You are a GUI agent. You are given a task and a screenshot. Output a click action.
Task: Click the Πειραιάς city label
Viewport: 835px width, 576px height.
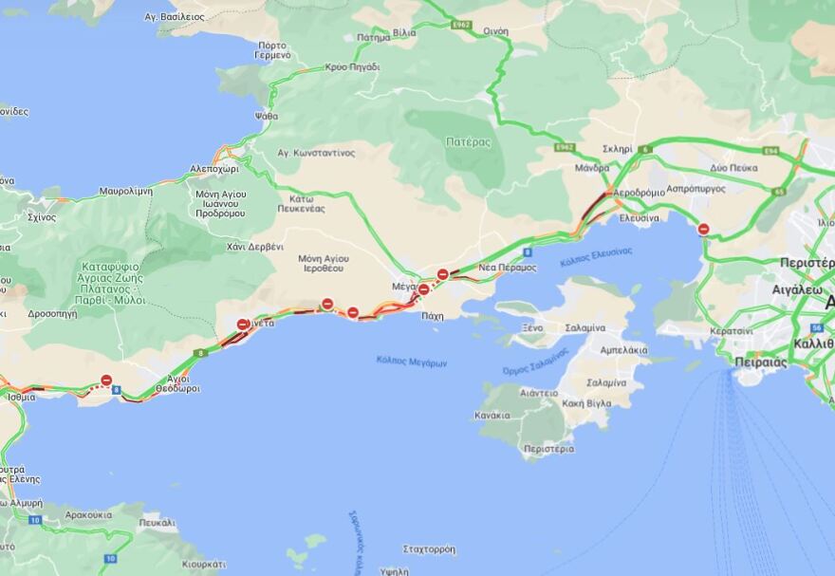pyautogui.click(x=761, y=362)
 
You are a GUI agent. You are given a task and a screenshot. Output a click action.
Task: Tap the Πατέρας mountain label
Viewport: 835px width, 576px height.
pyautogui.click(x=468, y=142)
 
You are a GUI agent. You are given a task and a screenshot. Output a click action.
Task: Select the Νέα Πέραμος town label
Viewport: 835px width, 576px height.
pyautogui.click(x=508, y=268)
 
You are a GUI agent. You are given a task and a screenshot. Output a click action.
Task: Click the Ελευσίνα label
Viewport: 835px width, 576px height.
pyautogui.click(x=640, y=217)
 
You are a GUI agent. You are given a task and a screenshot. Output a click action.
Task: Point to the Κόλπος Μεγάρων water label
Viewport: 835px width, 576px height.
pyautogui.click(x=411, y=361)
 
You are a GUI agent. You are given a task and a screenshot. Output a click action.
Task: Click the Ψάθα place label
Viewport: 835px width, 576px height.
pyautogui.click(x=267, y=116)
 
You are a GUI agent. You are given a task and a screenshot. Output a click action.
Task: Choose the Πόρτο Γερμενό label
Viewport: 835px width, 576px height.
pyautogui.click(x=271, y=49)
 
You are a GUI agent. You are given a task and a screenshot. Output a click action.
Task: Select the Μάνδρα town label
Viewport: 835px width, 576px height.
pyautogui.click(x=591, y=168)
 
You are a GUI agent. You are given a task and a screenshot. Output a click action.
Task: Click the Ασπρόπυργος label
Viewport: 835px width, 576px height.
pyautogui.click(x=696, y=189)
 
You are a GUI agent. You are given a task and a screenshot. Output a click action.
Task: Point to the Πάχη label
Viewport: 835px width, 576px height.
pyautogui.click(x=433, y=316)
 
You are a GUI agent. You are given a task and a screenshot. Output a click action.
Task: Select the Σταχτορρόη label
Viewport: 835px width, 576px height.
pyautogui.click(x=429, y=549)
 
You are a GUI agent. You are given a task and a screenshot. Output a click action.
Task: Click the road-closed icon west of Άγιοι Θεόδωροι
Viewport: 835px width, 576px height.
pyautogui.click(x=106, y=381)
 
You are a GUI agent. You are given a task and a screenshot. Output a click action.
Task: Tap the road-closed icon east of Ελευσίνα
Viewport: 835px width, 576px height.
pyautogui.click(x=703, y=229)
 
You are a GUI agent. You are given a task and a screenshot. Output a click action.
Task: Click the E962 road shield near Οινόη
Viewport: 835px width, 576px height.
pyautogui.click(x=461, y=25)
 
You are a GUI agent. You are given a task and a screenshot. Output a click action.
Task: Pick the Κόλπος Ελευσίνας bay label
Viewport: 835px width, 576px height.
pyautogui.click(x=596, y=255)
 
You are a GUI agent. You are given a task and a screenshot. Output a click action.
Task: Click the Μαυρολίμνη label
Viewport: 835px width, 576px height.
pyautogui.click(x=125, y=191)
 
